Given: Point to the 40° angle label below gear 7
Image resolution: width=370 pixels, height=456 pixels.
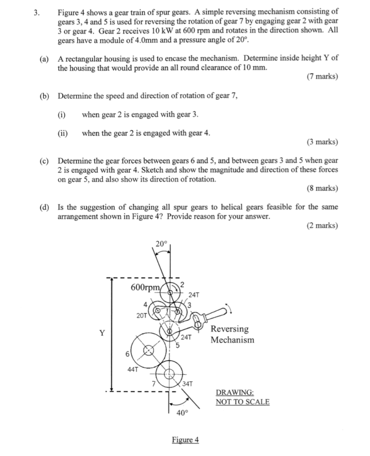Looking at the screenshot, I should (x=183, y=413).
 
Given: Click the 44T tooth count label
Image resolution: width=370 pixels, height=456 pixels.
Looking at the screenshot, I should (x=133, y=369).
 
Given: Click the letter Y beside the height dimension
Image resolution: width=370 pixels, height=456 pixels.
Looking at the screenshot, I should (x=102, y=332).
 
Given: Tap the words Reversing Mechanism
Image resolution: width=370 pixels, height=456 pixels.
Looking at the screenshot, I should (x=232, y=334).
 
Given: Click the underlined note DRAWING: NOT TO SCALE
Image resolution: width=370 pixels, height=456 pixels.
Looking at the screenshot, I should (x=242, y=397).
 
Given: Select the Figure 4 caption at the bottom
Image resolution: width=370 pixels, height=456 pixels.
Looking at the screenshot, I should (x=185, y=440).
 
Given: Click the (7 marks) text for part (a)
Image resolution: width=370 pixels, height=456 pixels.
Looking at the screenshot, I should (x=322, y=76).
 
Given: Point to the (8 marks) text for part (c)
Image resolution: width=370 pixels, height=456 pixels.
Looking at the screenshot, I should (x=322, y=188).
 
